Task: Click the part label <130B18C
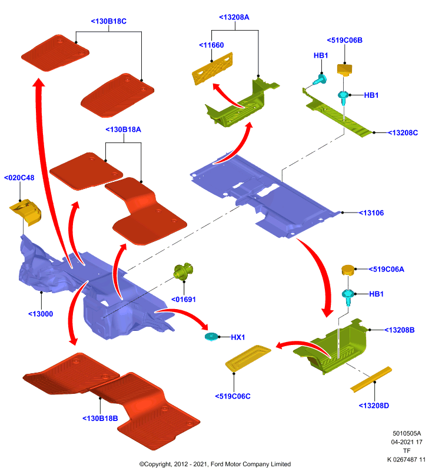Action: coord(109,21)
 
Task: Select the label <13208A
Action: coord(234,18)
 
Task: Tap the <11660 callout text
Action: coord(211,45)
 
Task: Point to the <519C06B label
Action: coord(345,40)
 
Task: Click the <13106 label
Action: coord(371,213)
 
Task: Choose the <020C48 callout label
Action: coord(19,178)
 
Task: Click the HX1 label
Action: coord(238,337)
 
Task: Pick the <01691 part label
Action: coord(184,300)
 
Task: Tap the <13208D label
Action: coord(374,406)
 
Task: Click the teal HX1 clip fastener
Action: coord(211,337)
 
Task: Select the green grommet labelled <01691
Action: coord(183,271)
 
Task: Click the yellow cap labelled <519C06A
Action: coord(348,270)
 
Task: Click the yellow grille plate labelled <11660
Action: coord(212,68)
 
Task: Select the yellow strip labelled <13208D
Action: coord(371,379)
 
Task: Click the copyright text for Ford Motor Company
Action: coord(215,464)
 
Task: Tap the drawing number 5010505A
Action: coord(407,433)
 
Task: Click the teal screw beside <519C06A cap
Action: coord(348,297)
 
